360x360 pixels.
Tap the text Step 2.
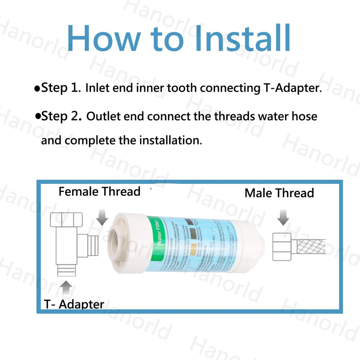pyautogui.click(x=61, y=116)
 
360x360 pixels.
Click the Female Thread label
pyautogui.click(x=99, y=192)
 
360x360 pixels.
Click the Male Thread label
pyautogui.click(x=279, y=193)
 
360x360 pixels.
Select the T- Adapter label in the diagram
pyautogui.click(x=74, y=304)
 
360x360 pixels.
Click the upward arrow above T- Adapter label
pyautogui.click(x=66, y=289)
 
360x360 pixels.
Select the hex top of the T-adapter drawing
pyautogui.click(x=66, y=220)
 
